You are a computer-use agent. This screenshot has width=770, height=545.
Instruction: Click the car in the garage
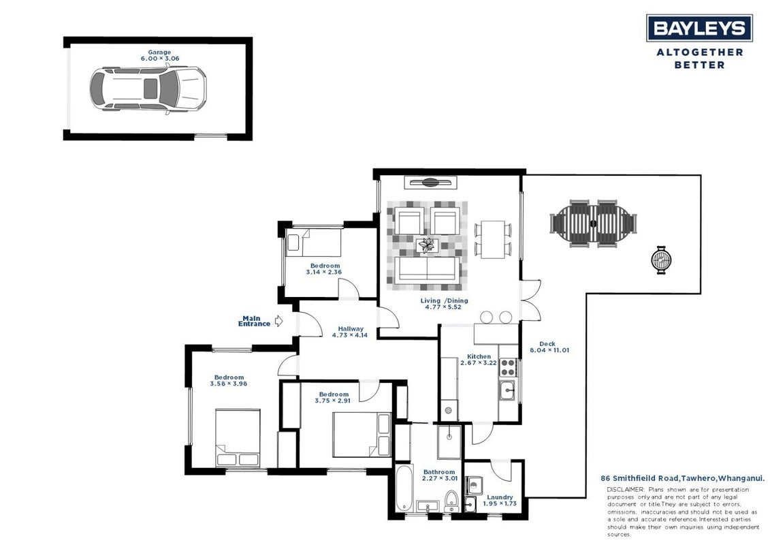pos(148,89)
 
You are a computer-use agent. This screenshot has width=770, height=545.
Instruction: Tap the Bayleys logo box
pos(699,27)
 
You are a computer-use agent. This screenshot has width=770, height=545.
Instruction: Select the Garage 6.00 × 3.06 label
pos(159,55)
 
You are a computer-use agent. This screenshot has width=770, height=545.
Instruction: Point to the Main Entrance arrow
pos(279,321)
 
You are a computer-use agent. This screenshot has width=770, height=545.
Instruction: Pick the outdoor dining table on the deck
pos(593,223)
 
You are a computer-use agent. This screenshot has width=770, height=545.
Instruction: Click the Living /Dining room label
pos(444,304)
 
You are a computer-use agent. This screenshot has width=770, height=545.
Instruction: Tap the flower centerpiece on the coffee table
pos(428,245)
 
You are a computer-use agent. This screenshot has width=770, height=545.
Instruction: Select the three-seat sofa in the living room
pos(428,269)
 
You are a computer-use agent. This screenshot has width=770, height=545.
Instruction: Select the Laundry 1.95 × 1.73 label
pos(500,500)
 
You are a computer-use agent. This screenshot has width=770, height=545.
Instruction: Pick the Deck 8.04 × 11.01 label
pos(549,347)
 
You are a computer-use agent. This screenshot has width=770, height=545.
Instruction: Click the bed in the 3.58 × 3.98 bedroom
pos(238,438)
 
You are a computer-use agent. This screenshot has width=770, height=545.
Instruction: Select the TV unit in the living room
pos(431,183)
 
